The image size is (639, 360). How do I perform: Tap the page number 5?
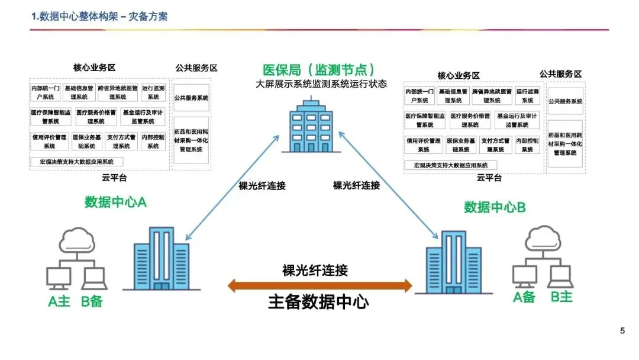[622, 331]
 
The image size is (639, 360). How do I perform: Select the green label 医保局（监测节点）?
[319, 70]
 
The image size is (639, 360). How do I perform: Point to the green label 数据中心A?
[115, 202]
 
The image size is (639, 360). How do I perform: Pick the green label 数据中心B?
[495, 207]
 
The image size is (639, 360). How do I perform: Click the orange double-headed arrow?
[319, 287]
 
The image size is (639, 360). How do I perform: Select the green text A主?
[59, 301]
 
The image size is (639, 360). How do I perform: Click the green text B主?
[561, 297]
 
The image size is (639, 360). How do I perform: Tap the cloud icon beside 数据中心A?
[77, 240]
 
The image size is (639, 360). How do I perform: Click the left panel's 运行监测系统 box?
[153, 92]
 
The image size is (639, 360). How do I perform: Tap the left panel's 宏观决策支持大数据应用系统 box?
[77, 162]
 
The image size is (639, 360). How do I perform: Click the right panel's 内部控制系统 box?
[527, 145]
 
